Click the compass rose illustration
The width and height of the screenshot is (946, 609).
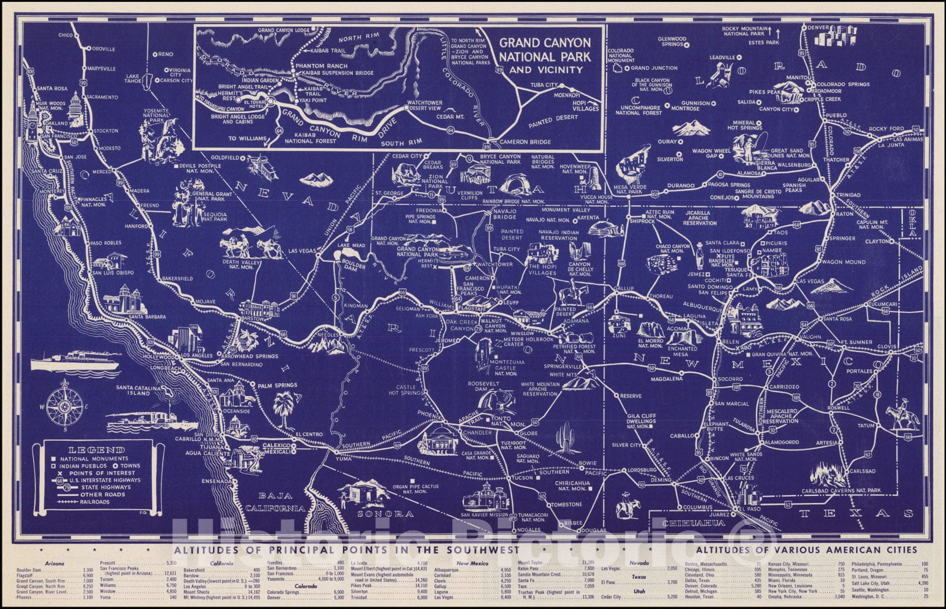click(x=65, y=405)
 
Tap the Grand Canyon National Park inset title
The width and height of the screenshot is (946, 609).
click(x=545, y=56)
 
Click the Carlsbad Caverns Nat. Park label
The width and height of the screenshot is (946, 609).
click(x=841, y=491)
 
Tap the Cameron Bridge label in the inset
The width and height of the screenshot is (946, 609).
click(x=526, y=142)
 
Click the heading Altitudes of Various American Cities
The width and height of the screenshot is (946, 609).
click(x=806, y=550)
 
